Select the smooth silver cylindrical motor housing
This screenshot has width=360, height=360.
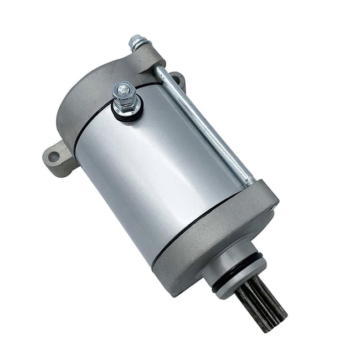[x=161, y=166]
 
